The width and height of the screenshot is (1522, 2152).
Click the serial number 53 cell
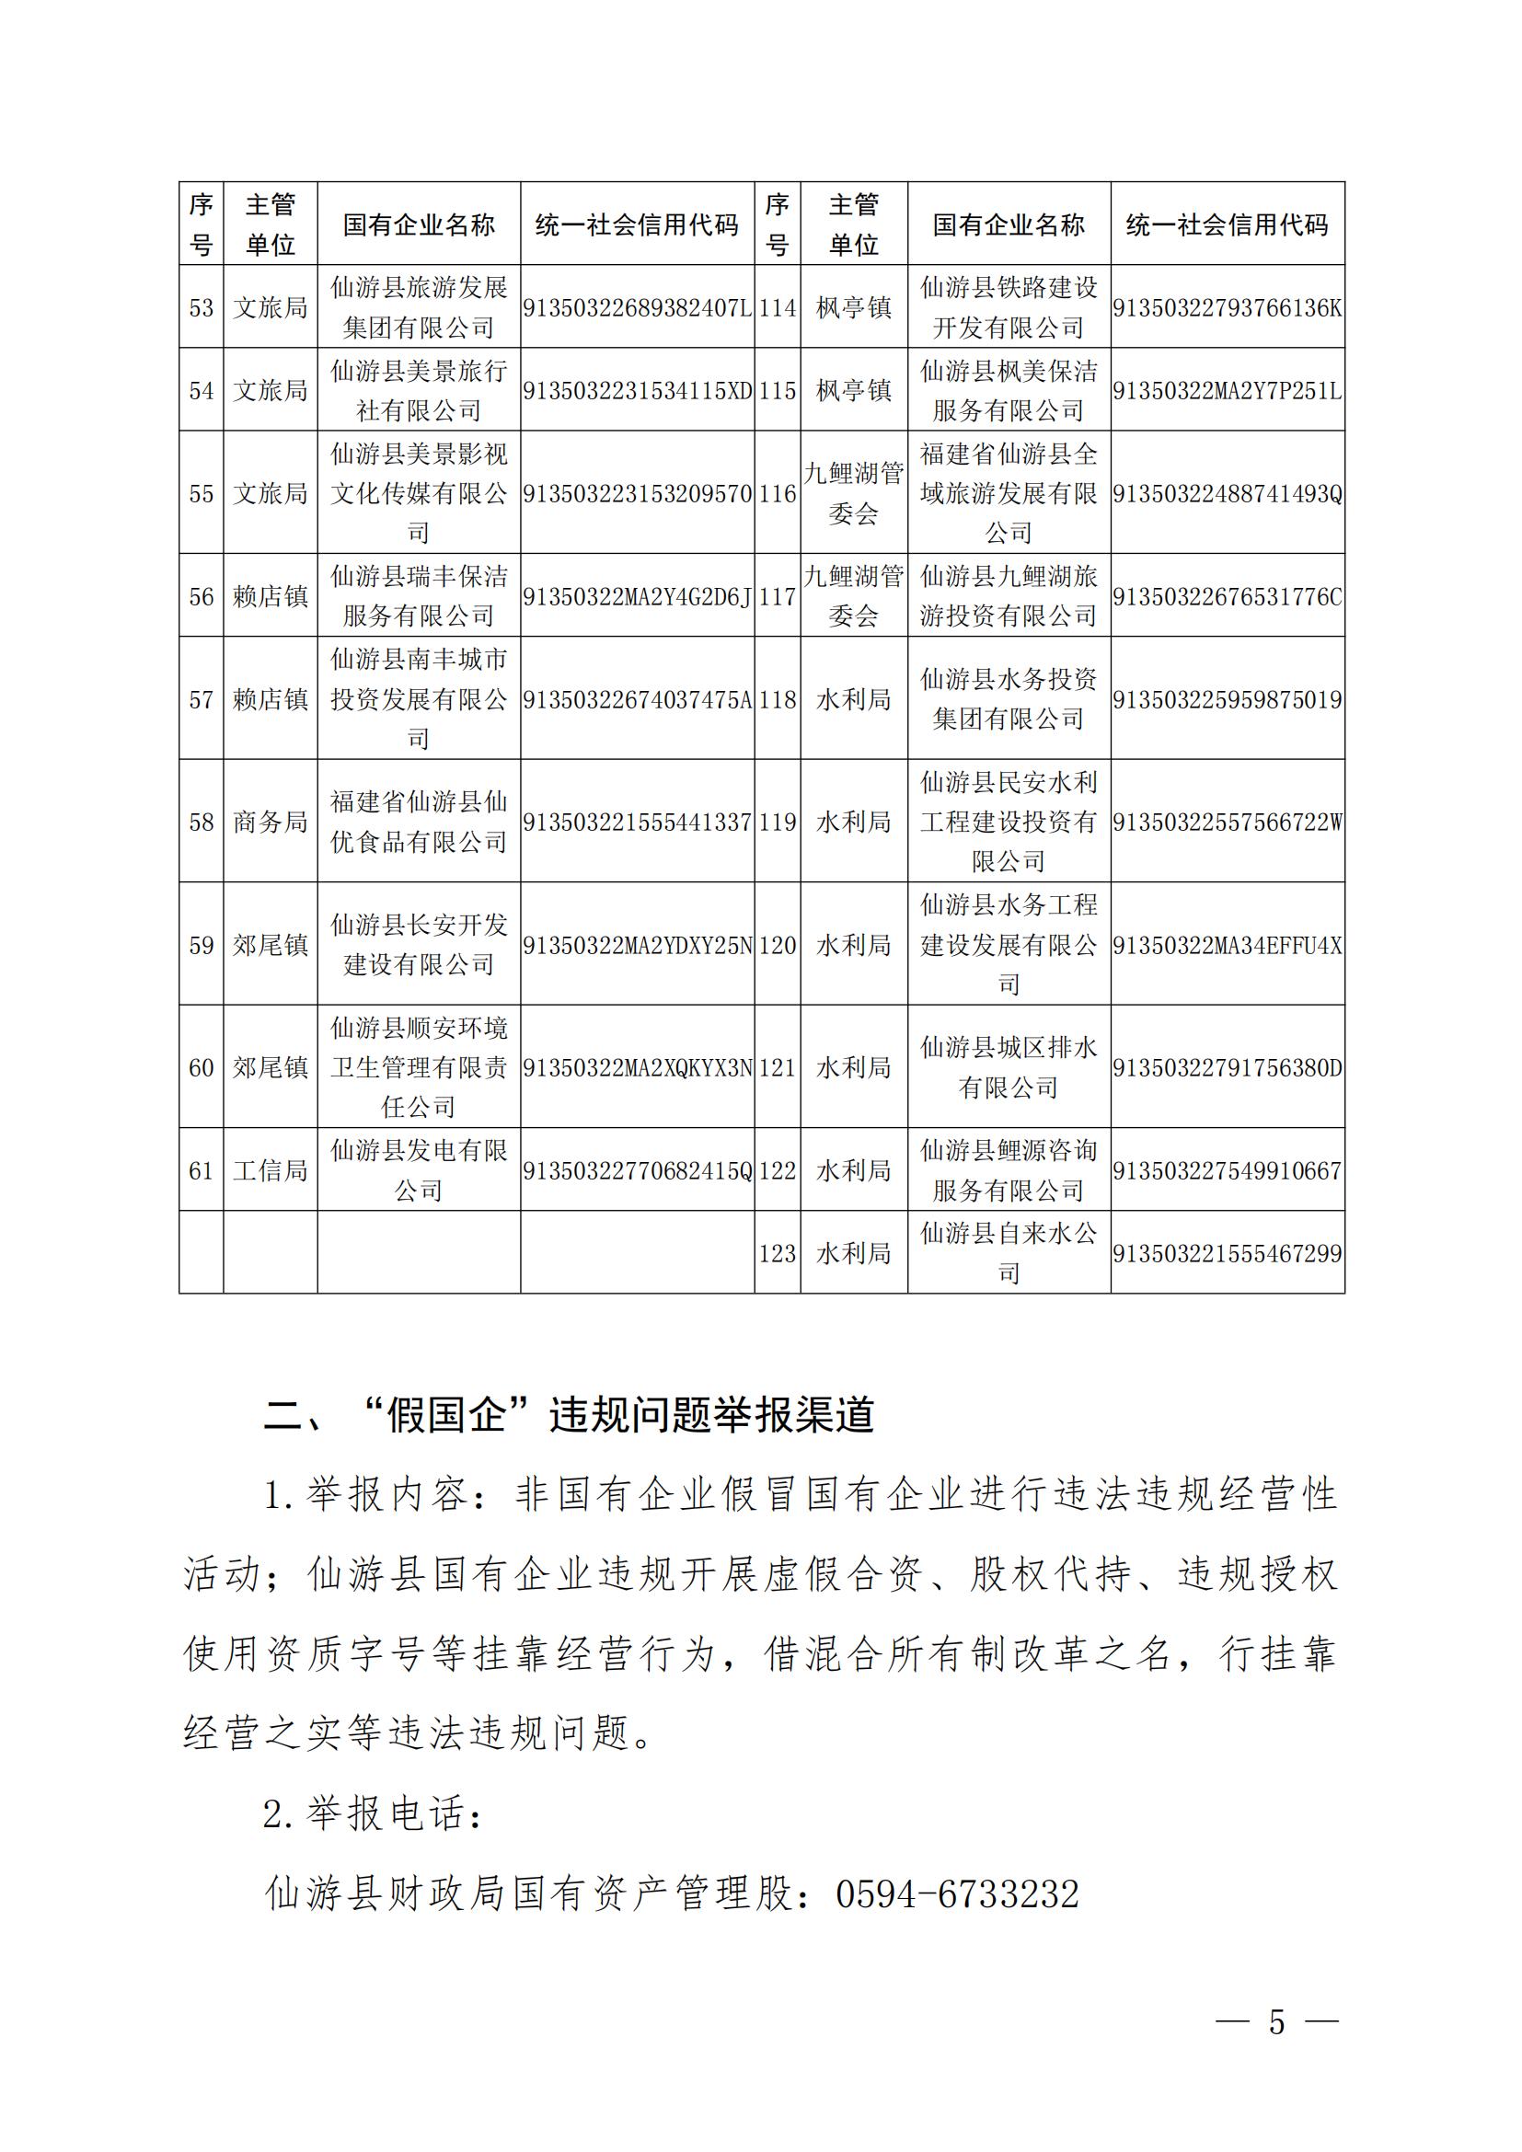coord(201,307)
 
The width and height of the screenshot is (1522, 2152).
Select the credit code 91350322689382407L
coord(638,307)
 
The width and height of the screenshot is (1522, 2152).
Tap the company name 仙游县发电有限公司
coord(419,1169)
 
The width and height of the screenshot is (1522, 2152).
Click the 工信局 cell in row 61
coord(270,1169)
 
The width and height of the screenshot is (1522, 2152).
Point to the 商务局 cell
coord(270,821)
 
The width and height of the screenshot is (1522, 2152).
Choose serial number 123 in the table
coord(777,1253)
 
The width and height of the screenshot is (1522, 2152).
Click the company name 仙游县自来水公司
coord(1009,1253)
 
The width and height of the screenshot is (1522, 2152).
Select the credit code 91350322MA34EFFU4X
coord(1227,945)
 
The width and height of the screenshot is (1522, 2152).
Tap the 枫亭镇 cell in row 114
coord(854,307)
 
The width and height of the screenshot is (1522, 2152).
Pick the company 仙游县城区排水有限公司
coord(1009,1066)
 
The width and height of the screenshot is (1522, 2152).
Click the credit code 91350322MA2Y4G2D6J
coord(638,596)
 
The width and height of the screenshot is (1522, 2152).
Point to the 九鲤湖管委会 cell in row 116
coord(854,493)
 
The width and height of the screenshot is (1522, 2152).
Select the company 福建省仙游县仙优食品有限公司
coord(419,821)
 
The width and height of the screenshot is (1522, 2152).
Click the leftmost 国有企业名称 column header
coord(419,224)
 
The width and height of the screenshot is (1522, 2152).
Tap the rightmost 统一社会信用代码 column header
coord(1227,224)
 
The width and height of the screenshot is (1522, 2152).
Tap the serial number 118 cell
coord(777,699)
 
